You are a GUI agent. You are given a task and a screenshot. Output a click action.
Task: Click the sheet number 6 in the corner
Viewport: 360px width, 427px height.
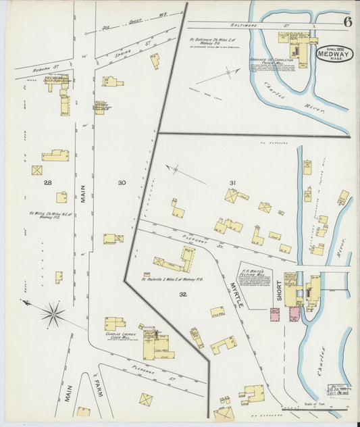(x=347, y=21)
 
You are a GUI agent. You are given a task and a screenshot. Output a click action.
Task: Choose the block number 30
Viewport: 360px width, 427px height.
(x=122, y=183)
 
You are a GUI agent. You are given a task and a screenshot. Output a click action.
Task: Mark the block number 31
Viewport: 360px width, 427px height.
(x=233, y=183)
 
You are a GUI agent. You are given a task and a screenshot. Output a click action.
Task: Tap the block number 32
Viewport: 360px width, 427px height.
(x=183, y=295)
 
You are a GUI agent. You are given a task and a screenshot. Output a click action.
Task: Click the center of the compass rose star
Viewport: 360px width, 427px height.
(x=53, y=313)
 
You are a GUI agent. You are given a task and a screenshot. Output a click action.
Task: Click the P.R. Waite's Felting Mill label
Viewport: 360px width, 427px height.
(x=255, y=278)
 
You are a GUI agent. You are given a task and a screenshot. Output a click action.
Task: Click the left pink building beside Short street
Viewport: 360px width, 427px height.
(x=276, y=314)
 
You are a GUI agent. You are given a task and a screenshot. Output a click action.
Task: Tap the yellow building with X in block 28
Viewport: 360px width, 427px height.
(x=37, y=170)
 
